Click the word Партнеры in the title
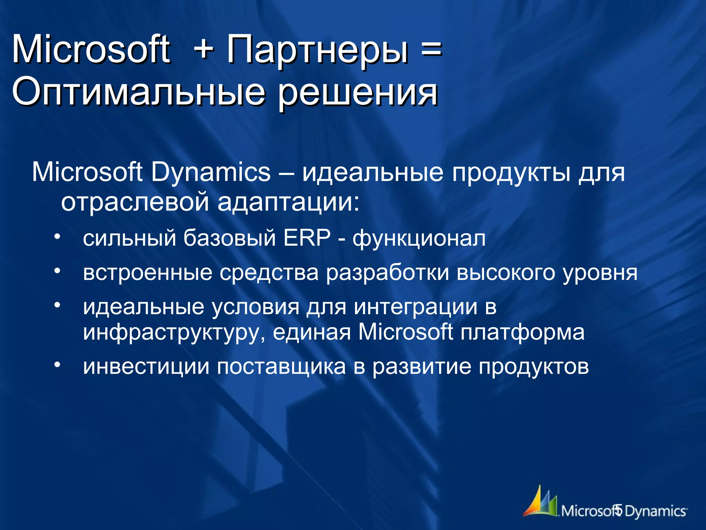[x=317, y=51]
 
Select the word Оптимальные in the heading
[x=138, y=92]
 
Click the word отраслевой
[x=135, y=202]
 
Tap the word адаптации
[x=288, y=203]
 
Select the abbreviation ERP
[x=307, y=238]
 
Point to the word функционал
[x=419, y=239]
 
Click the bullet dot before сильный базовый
[x=57, y=237]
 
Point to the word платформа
[x=522, y=333]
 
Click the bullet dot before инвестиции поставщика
[x=57, y=365]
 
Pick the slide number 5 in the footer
[x=618, y=510]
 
